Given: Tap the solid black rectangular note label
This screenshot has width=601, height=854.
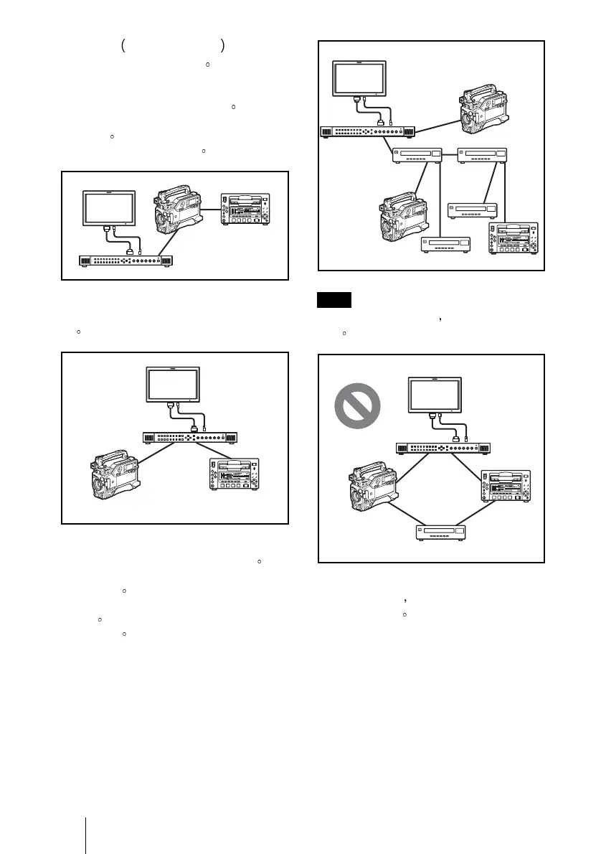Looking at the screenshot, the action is [333, 300].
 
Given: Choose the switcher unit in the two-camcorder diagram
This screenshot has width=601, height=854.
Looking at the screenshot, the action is [367, 132].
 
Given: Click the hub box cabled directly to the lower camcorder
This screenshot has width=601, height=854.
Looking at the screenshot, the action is [417, 154].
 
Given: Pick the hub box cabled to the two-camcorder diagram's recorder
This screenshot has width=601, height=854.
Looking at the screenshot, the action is [481, 154].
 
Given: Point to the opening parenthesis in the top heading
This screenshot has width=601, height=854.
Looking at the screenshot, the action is [124, 47].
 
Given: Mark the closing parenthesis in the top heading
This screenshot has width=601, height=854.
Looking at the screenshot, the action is [224, 47].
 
